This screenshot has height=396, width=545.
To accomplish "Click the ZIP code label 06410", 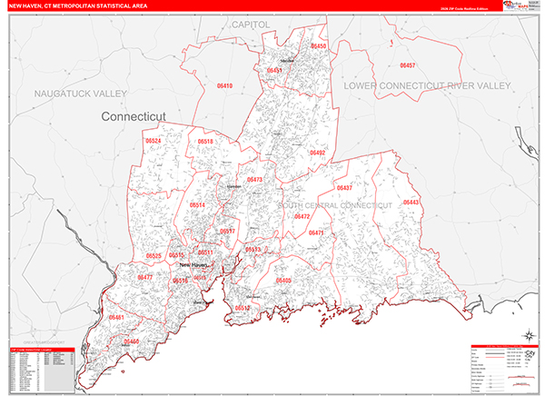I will (x=225, y=85).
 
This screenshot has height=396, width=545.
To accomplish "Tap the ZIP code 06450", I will (x=319, y=45).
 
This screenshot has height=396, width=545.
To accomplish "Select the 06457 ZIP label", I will (x=408, y=65).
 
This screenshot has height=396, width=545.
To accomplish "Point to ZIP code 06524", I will (x=154, y=141).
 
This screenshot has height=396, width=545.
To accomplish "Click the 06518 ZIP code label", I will (x=205, y=142).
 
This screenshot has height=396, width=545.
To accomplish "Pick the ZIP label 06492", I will (x=317, y=153).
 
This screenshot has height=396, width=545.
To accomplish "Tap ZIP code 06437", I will (x=344, y=188).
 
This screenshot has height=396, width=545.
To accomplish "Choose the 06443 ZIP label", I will (x=411, y=202).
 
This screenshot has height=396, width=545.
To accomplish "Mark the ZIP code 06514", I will (x=197, y=206).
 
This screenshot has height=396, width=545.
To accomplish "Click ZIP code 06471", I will (x=316, y=233).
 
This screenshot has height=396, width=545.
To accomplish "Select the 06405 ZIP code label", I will (x=284, y=282).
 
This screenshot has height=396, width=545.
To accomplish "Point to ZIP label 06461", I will (x=115, y=317).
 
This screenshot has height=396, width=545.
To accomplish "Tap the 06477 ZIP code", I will (x=144, y=277).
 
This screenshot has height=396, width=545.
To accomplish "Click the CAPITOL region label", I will (x=251, y=23).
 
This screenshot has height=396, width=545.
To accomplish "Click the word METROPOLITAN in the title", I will (x=94, y=6).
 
